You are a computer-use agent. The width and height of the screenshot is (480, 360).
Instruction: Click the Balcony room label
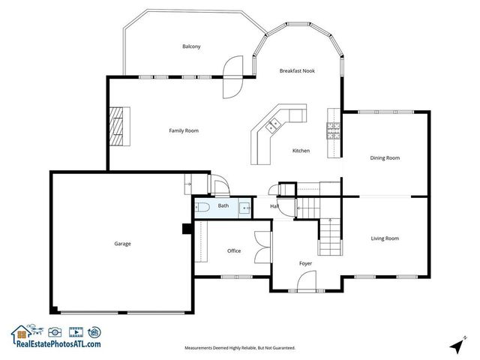coord(191,46)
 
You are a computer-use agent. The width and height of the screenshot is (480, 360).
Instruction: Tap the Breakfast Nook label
coord(297,70)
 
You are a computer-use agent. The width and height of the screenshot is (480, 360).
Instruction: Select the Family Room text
coord(184,130)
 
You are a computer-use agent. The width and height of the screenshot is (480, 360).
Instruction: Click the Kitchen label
coord(301,151)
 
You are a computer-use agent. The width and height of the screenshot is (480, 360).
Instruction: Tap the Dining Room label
coord(385,158)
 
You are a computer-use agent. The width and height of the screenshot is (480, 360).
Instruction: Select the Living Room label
coord(385,238)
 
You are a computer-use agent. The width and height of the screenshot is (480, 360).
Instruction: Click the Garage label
coord(122,244)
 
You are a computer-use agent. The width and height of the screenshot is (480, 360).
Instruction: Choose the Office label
coord(234,250)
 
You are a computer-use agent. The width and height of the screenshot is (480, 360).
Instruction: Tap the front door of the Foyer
coord(306,283)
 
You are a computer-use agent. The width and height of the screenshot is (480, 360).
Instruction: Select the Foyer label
coord(305,263)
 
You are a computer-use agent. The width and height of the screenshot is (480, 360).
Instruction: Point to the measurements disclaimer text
coord(240,348)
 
